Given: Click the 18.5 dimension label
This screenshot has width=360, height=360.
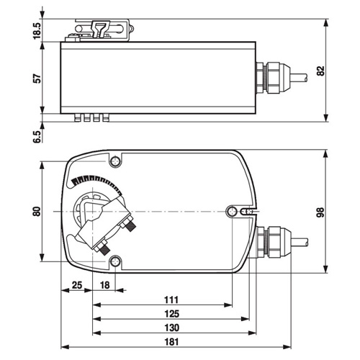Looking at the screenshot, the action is [x=37, y=30].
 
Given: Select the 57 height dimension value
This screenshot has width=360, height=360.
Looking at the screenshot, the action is [x=37, y=78].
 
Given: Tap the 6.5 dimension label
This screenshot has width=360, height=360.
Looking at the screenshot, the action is [x=37, y=137].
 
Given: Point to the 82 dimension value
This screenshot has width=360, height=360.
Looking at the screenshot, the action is [x=320, y=71].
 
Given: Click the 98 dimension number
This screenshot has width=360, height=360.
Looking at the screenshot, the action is [x=320, y=212].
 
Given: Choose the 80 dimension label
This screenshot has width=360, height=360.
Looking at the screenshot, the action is [x=37, y=211].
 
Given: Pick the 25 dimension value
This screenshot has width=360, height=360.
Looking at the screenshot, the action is [x=77, y=285].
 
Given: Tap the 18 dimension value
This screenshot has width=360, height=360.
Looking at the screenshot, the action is [x=104, y=285].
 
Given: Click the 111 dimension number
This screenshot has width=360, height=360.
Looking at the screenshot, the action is [x=171, y=300].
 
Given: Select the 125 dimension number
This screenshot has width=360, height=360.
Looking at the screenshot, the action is [x=172, y=314].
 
